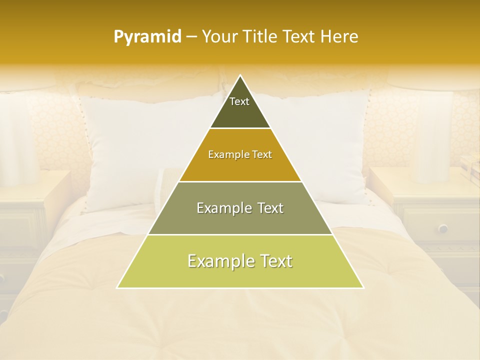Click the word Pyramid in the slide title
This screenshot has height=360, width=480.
[147, 37]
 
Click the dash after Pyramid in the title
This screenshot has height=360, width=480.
[191, 37]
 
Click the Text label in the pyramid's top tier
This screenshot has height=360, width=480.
[239, 101]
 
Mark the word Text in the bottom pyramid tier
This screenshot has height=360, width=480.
[274, 261]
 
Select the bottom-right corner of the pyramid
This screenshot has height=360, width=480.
[363, 287]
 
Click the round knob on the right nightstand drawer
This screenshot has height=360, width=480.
[443, 228]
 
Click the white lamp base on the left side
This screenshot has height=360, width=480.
[20, 140]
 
